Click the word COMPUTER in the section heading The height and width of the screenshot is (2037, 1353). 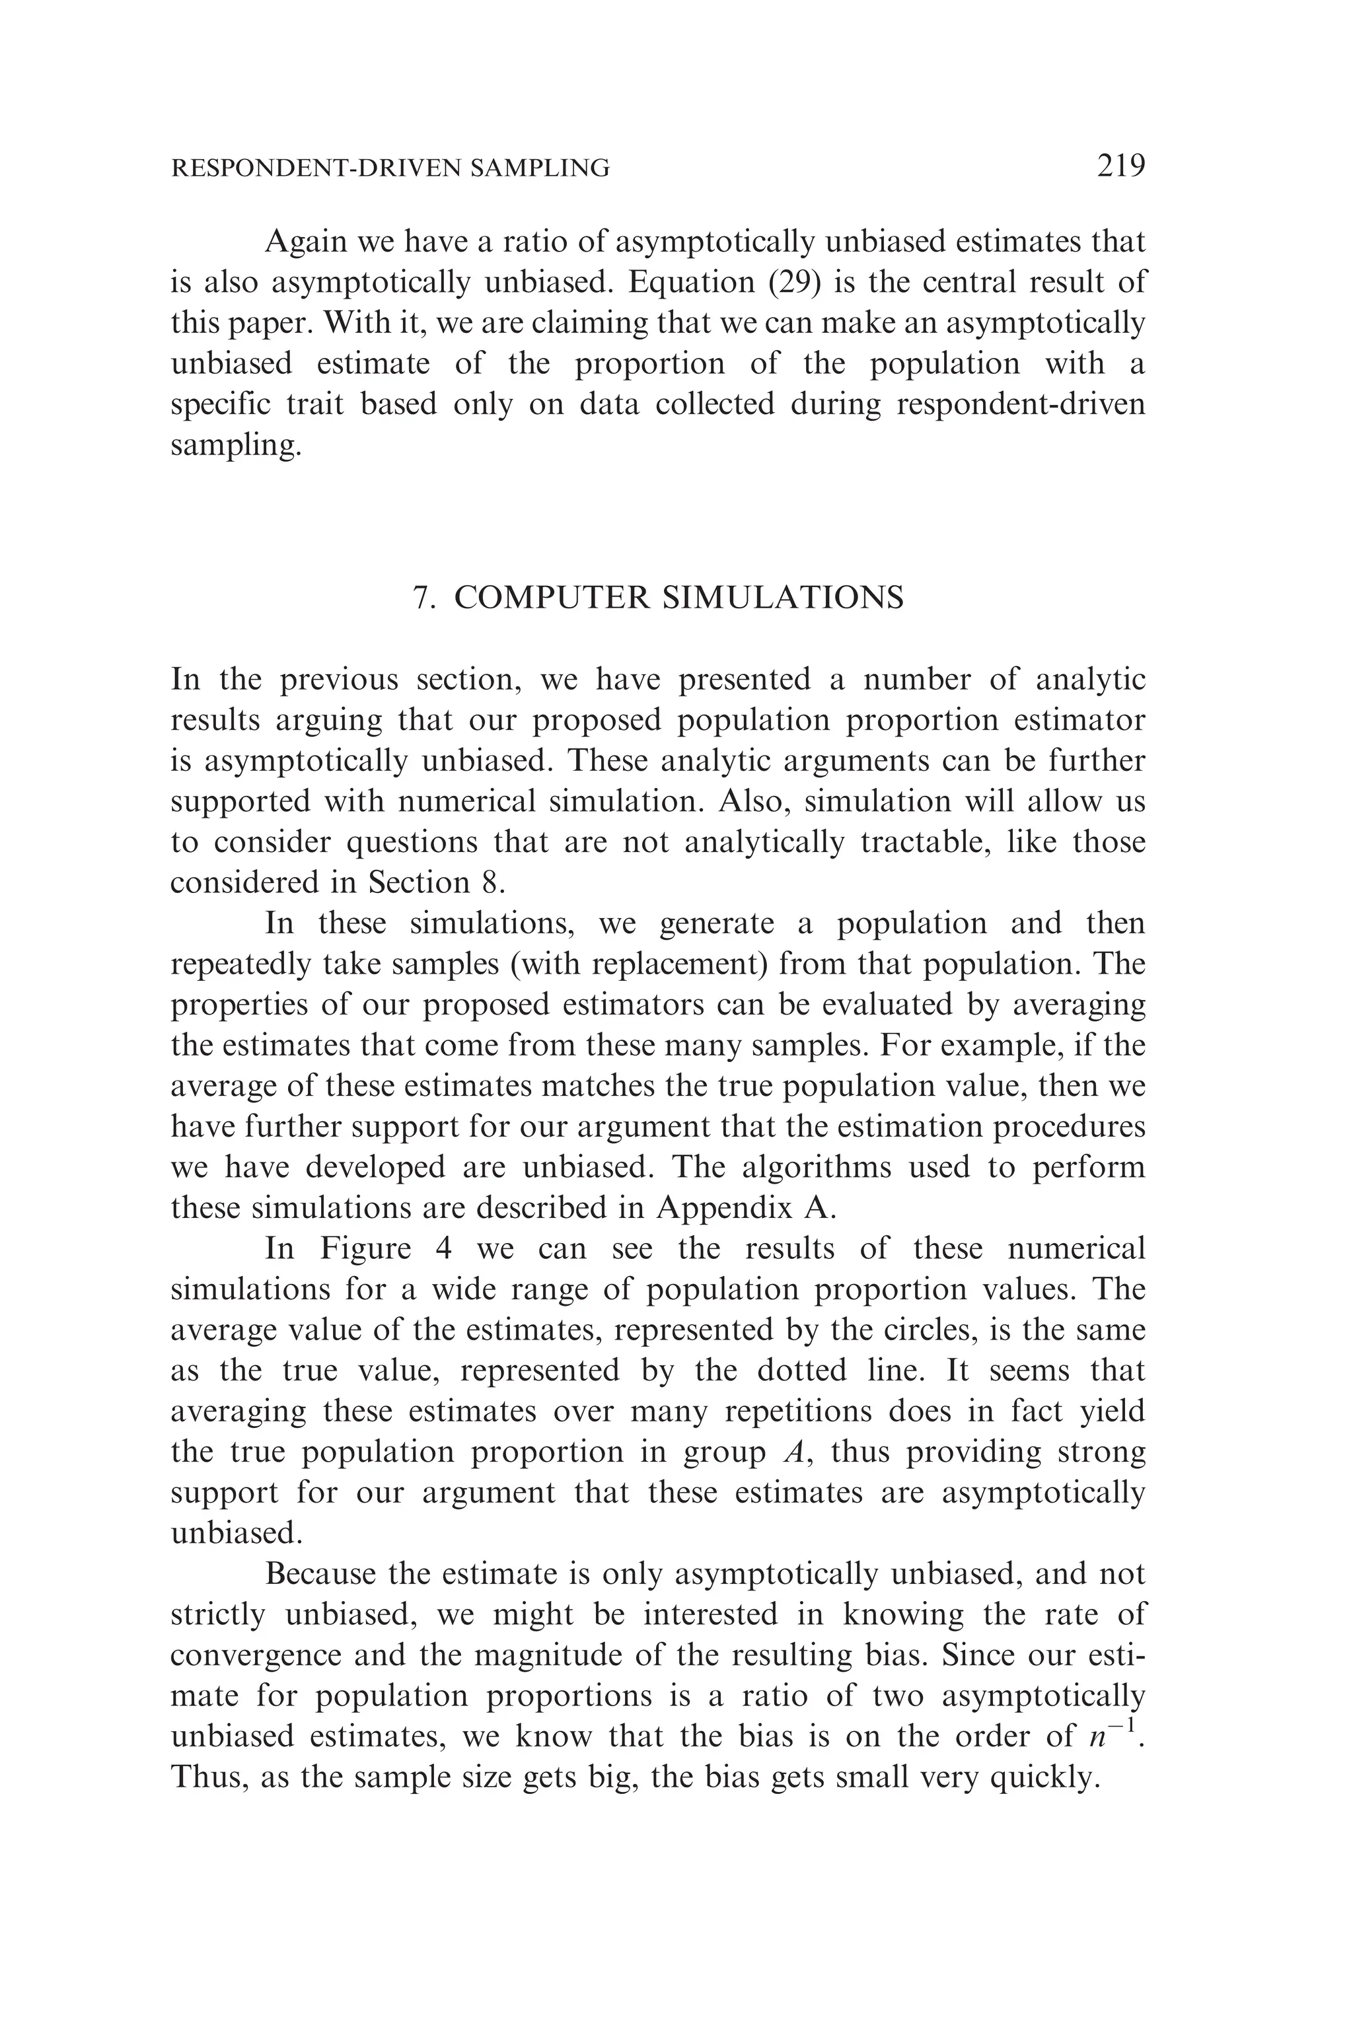(552, 598)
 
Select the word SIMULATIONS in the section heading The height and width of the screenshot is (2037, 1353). (783, 598)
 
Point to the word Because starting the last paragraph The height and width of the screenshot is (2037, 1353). (321, 1574)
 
